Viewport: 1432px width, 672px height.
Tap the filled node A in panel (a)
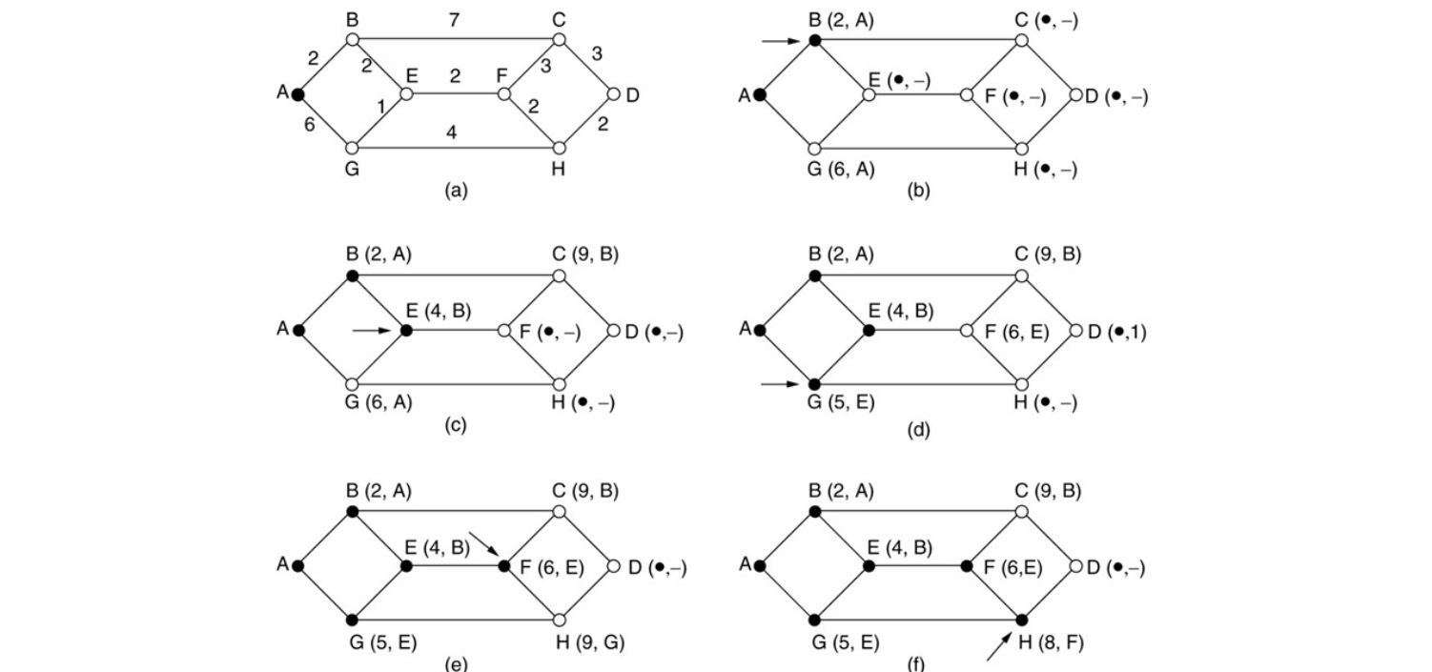297,94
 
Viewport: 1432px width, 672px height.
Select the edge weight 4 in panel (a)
453,133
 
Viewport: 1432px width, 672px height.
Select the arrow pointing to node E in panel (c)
371,331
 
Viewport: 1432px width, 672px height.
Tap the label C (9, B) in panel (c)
583,255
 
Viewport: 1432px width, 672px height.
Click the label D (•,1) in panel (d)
1115,331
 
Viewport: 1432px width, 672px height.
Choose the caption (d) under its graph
918,428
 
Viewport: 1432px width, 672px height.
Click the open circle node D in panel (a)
613,94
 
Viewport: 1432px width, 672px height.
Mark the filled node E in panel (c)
406,331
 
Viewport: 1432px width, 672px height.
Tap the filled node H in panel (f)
1021,620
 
